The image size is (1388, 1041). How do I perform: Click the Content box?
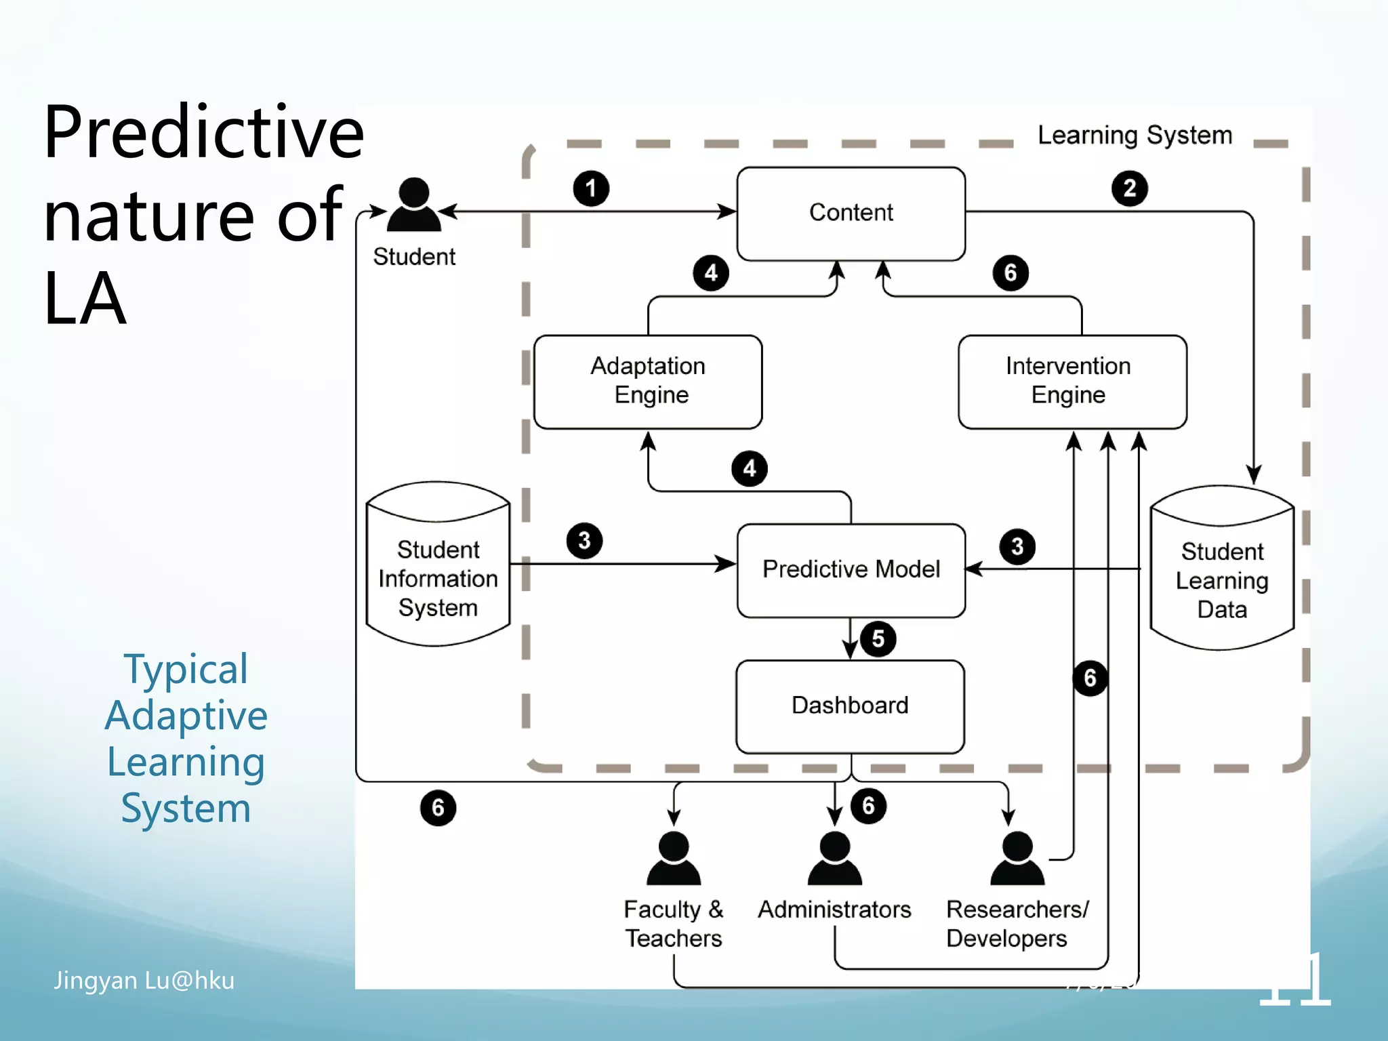pos(851,213)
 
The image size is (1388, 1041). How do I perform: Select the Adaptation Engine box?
pos(648,381)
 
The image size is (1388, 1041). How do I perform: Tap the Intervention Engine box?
pos(1071,381)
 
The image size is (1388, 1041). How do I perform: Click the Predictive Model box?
pos(851,569)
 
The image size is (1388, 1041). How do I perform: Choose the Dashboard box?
pos(850,706)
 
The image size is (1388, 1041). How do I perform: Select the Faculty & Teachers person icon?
pos(674,859)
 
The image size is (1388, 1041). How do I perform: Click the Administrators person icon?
pos(834,859)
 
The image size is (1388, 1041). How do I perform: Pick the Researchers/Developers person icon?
pos(1017,859)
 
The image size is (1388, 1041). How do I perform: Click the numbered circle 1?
pos(591,188)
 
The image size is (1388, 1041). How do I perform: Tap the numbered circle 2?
pos(1129,188)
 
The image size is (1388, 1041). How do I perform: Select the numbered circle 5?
pos(878,638)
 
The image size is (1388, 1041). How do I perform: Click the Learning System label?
pos(1135,135)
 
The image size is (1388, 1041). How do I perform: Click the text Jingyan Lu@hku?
pos(144,980)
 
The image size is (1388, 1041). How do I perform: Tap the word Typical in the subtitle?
pos(186,670)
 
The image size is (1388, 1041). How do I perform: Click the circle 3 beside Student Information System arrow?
pos(584,541)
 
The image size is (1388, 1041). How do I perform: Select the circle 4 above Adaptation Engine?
pos(710,273)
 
